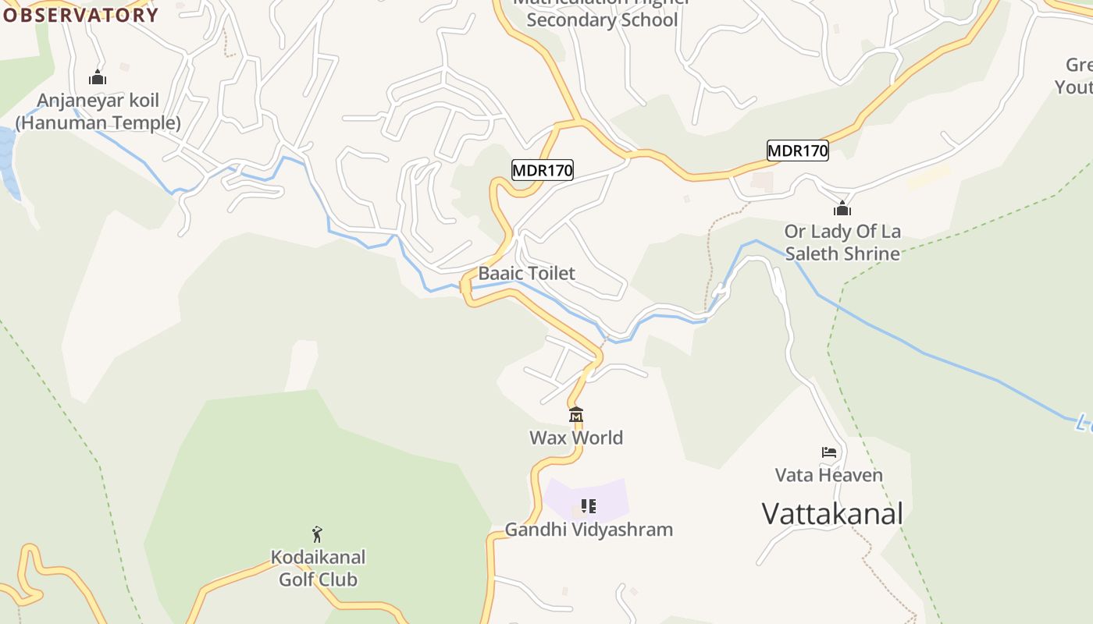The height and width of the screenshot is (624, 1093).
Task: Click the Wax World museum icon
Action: (x=576, y=415)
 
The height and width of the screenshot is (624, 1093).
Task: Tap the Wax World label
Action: (x=576, y=438)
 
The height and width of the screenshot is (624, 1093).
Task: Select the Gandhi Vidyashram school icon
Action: (x=589, y=506)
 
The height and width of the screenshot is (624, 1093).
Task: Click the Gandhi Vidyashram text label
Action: (x=589, y=530)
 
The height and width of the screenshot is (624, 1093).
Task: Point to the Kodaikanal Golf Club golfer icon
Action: (x=317, y=534)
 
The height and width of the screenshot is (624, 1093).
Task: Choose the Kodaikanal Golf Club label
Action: (x=318, y=569)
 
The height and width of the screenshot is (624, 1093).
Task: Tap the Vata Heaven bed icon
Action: (x=829, y=452)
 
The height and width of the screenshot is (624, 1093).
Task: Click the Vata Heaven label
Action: (x=829, y=475)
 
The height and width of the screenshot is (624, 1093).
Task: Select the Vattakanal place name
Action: (x=832, y=514)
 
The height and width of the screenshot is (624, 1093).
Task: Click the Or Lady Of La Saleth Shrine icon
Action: (x=842, y=208)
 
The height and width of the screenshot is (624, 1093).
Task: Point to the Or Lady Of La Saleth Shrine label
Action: (x=842, y=243)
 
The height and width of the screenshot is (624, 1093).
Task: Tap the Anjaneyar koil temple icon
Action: (x=98, y=77)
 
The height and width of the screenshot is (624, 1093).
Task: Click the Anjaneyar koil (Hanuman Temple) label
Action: (x=98, y=112)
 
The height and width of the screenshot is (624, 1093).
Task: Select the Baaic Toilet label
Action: (x=526, y=273)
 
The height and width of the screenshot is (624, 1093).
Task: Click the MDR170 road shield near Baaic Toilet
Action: (x=543, y=170)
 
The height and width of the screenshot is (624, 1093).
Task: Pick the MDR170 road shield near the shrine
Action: (x=797, y=151)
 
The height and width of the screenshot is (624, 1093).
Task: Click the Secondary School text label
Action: (x=602, y=19)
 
